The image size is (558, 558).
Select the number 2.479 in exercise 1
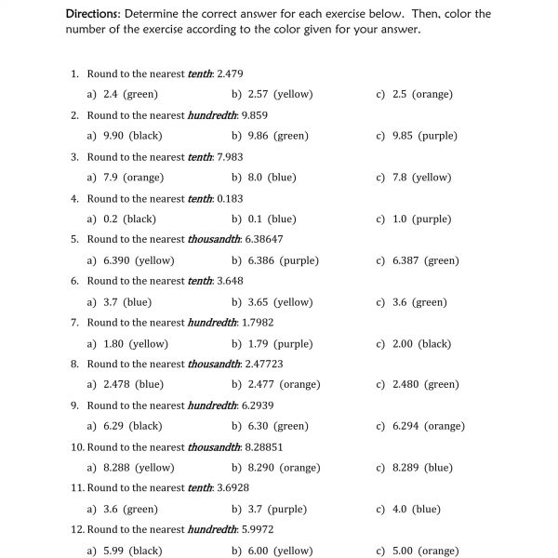click(230, 73)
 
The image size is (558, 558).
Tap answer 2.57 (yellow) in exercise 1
click(280, 94)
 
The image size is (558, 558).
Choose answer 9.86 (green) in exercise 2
click(278, 136)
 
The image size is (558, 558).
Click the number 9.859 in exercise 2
click(255, 115)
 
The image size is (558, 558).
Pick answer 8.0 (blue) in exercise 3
click(272, 178)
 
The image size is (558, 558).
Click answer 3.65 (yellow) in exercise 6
click(280, 302)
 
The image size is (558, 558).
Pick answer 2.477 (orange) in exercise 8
click(284, 384)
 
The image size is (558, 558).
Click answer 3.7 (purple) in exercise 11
click(277, 510)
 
